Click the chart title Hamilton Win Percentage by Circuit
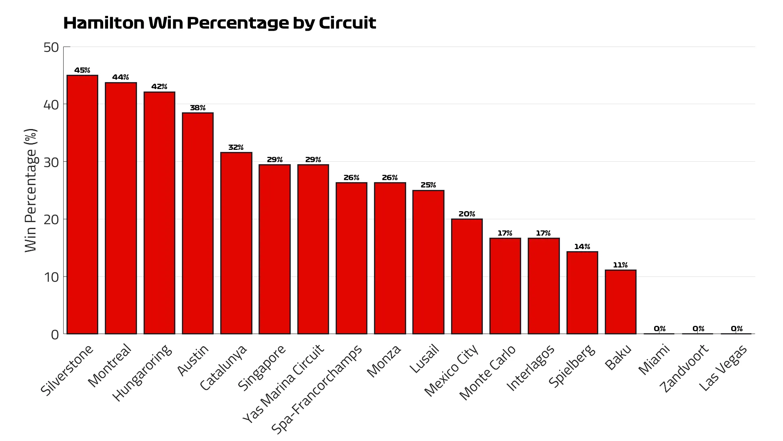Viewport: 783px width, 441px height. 219,23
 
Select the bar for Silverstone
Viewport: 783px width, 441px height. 82,204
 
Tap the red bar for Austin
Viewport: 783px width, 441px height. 198,223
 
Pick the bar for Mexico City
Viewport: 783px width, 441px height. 467,276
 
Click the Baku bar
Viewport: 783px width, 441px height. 620,302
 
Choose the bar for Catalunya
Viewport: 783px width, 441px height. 236,243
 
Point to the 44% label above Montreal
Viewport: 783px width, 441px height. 121,77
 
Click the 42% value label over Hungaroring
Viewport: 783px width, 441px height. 159,87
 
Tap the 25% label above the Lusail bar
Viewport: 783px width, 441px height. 428,185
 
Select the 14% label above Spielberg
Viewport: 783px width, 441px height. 582,247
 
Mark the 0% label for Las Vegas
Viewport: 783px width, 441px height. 737,329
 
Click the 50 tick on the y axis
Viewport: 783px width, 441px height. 51,47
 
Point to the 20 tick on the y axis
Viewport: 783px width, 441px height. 51,220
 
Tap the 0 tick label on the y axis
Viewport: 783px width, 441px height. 55,335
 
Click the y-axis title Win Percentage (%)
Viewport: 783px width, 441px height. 31,190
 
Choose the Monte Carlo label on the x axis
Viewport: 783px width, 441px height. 488,372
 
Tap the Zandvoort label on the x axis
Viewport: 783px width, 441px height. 685,368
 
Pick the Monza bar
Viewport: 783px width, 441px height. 390,258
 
